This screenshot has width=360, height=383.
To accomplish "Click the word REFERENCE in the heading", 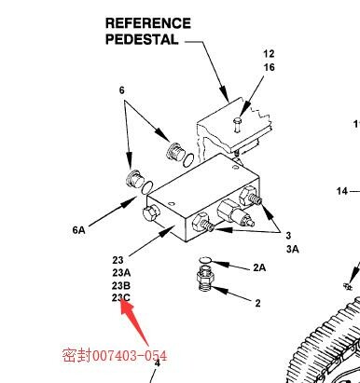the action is click(x=148, y=23).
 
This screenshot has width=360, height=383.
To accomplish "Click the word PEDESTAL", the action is click(x=142, y=39).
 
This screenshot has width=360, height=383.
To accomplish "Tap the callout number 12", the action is click(x=269, y=54).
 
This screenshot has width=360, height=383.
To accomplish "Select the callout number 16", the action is click(x=270, y=67).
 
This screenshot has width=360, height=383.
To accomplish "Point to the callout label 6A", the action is click(x=78, y=230).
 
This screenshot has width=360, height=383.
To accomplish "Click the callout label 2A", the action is click(x=259, y=267).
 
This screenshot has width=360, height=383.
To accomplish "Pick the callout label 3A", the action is click(x=292, y=249).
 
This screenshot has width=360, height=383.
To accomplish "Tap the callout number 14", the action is click(x=342, y=191).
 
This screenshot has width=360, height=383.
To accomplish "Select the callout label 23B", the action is click(x=121, y=285).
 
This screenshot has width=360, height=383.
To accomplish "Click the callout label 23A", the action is click(x=121, y=273).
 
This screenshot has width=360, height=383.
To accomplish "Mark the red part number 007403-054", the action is click(x=130, y=356).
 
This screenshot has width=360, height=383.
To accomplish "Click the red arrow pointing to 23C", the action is click(x=133, y=323).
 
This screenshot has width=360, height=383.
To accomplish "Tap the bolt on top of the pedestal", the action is click(x=238, y=125).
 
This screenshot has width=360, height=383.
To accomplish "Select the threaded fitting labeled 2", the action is click(x=204, y=280).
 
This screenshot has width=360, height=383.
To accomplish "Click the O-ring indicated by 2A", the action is click(x=205, y=260).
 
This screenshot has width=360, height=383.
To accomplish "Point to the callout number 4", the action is click(x=158, y=363).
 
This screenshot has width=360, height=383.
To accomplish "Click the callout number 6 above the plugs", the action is click(x=121, y=90).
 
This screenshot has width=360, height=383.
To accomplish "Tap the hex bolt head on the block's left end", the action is click(x=151, y=213).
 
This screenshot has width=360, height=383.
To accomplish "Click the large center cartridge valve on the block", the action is click(x=235, y=213).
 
